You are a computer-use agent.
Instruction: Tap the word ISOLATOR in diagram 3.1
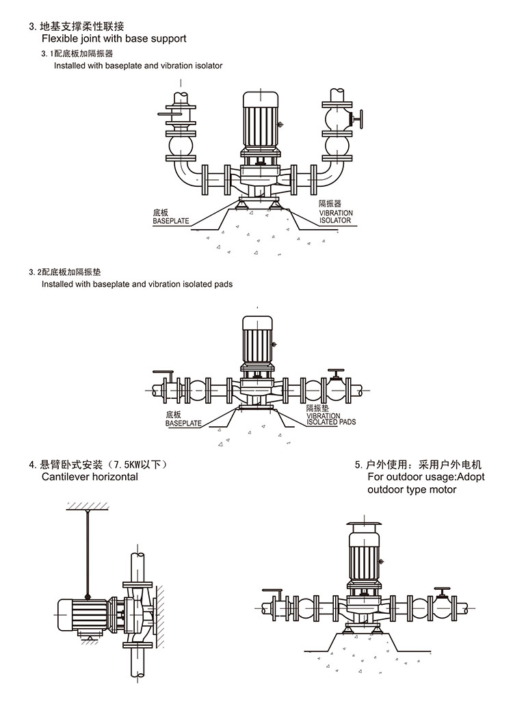pyautogui.click(x=335, y=220)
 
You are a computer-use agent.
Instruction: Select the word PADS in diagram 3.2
pyautogui.click(x=347, y=422)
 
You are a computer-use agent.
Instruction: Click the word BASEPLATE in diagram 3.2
pyautogui.click(x=183, y=424)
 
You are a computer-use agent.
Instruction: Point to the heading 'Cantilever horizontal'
pyautogui.click(x=90, y=477)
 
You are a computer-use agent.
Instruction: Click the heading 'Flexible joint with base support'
pyautogui.click(x=114, y=39)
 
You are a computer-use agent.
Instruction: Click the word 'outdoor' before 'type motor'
pyautogui.click(x=386, y=489)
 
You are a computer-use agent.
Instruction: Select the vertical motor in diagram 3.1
pyautogui.click(x=259, y=119)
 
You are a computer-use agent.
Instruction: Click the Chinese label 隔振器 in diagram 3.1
pyautogui.click(x=330, y=204)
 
